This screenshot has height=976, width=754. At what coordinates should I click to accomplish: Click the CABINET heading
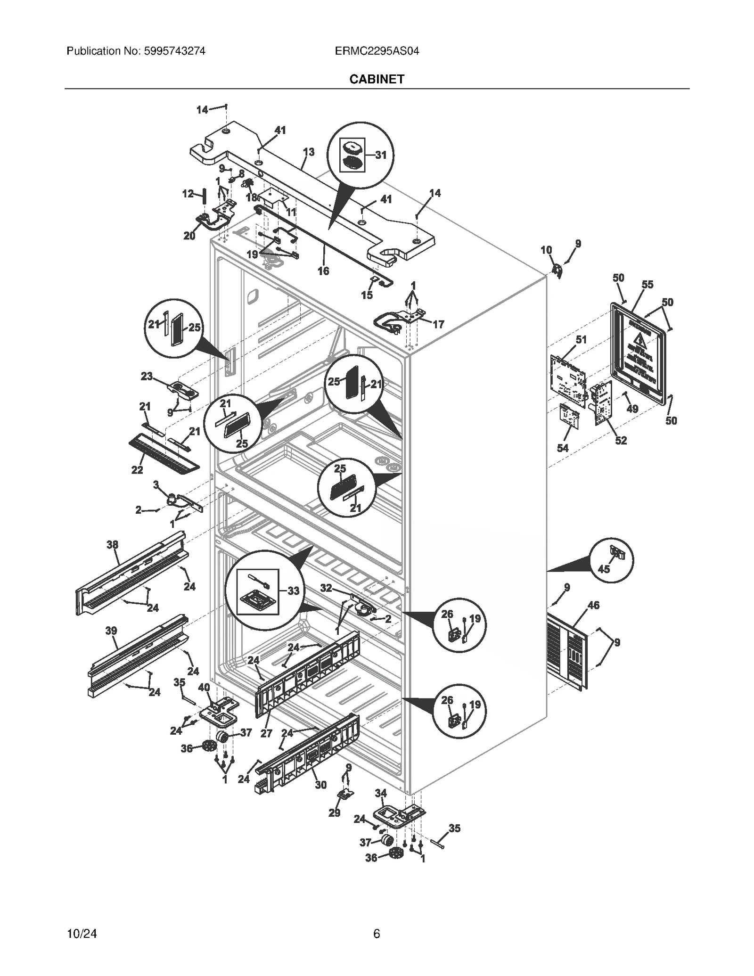coord(377,79)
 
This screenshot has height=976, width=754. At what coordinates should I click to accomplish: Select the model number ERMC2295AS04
coord(377,51)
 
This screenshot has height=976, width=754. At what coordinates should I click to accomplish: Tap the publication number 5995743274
coord(173,51)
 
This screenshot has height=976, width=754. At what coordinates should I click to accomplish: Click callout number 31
coord(380,155)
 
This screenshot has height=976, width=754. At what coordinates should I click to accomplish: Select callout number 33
coord(293,591)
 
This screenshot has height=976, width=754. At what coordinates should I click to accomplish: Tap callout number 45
coord(603,569)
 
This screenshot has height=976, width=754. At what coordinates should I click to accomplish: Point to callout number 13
coord(308,152)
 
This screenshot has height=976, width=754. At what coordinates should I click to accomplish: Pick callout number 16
coord(323,271)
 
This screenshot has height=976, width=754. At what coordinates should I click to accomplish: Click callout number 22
coord(137,470)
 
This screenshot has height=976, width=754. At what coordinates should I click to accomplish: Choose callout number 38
coord(112,545)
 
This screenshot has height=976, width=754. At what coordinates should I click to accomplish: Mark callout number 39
coord(111,631)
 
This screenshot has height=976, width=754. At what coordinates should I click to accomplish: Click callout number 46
coord(593,605)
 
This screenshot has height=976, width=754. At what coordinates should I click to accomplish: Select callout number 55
coord(647,285)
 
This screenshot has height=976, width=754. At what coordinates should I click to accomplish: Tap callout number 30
coord(320,785)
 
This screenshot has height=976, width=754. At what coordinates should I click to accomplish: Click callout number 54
coord(563,448)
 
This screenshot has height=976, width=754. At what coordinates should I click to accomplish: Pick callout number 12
coord(188,193)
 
